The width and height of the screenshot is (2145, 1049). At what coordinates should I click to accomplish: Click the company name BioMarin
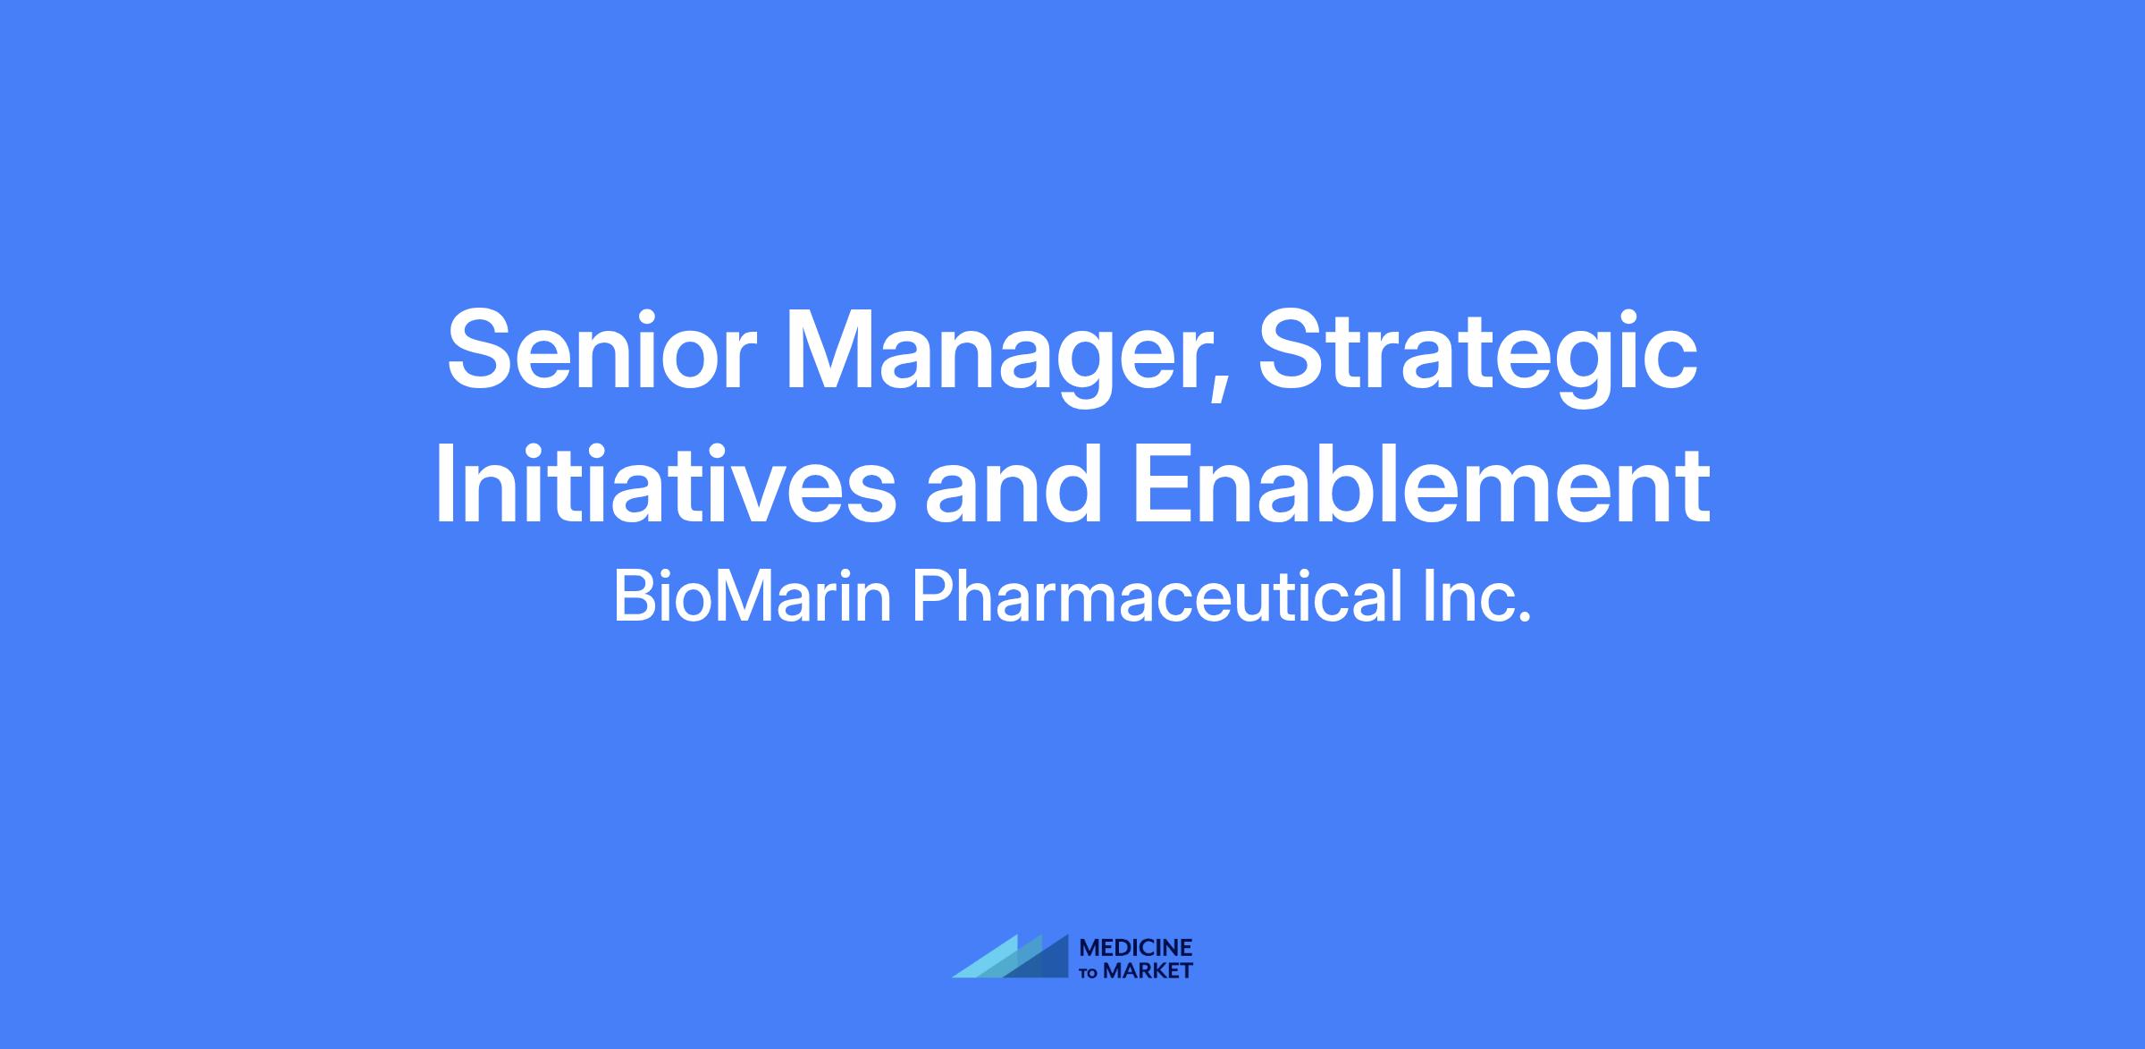coord(753,597)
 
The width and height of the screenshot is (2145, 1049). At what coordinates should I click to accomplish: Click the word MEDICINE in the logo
coord(1136,948)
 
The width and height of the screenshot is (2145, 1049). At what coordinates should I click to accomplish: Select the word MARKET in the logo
coord(1148,970)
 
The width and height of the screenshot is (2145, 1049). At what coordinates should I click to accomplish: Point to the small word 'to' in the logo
coord(1089,973)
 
